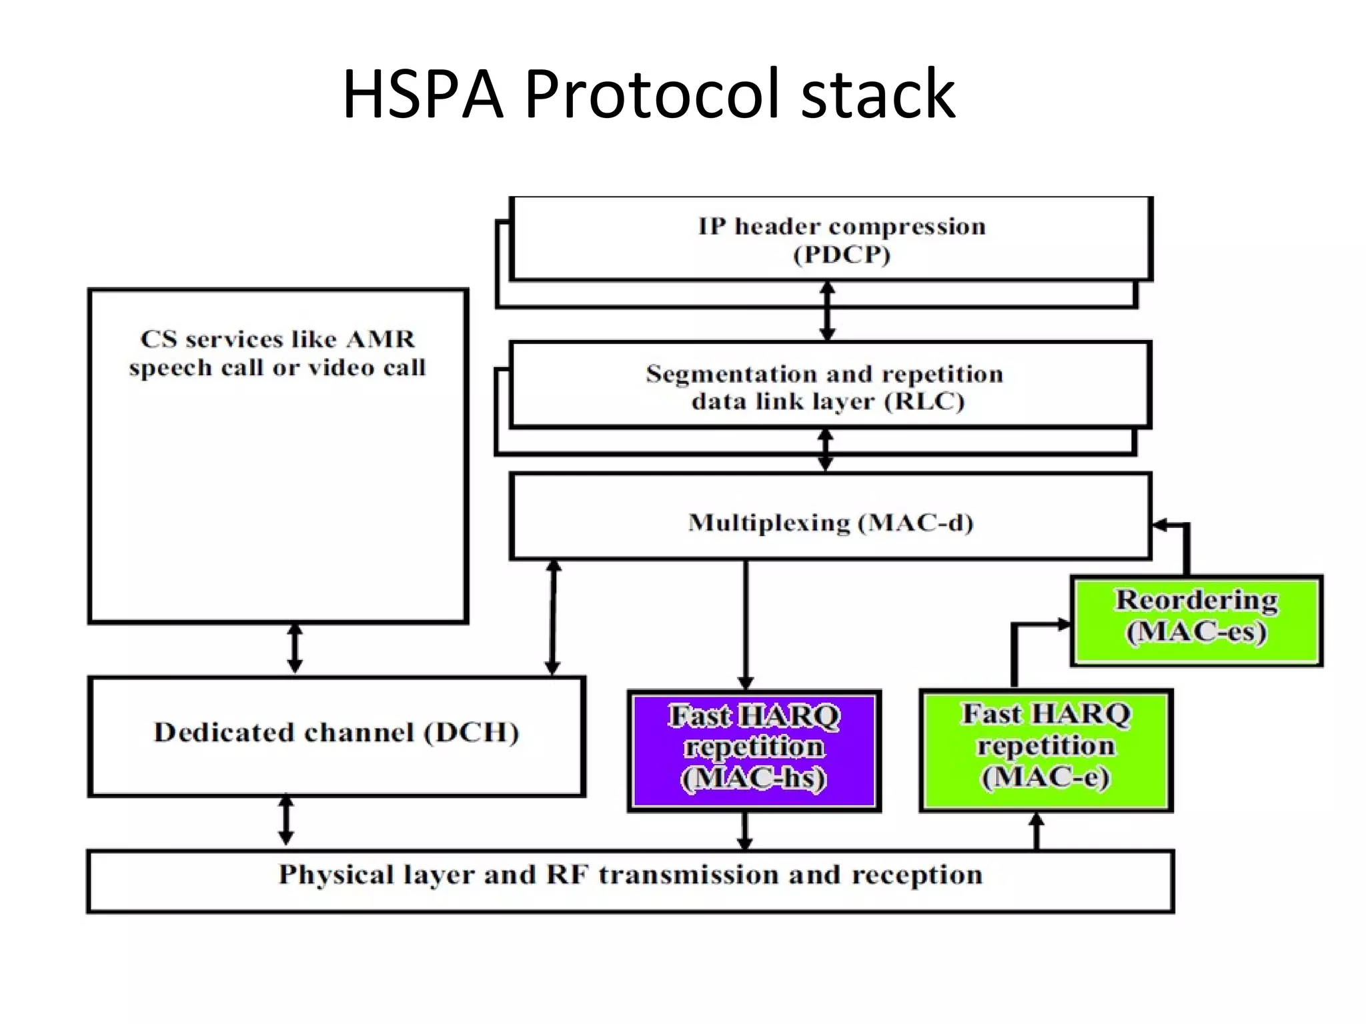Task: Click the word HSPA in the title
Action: pos(422,95)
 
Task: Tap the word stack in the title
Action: pos(878,95)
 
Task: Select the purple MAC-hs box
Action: pos(754,751)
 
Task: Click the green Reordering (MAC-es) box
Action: pos(1197,620)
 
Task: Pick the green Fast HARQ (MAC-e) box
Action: pos(1046,749)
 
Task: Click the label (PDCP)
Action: pos(842,255)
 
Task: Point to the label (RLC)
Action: pos(924,402)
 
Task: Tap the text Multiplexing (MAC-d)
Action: pos(830,522)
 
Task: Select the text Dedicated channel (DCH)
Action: pos(336,733)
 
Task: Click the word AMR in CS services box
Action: pos(380,339)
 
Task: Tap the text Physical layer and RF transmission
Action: pos(630,874)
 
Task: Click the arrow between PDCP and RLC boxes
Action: pos(828,311)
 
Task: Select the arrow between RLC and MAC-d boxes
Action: pos(826,450)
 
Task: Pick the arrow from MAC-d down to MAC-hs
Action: pos(746,623)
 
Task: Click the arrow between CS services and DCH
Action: pos(295,648)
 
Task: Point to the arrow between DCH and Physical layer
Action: pos(286,820)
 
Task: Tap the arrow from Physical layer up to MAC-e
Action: pos(1037,831)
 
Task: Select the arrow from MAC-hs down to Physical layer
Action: pos(745,831)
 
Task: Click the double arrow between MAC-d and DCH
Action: pos(553,617)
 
